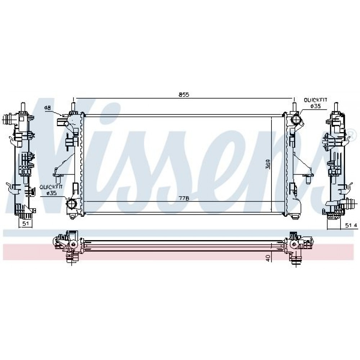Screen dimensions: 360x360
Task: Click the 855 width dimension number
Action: coord(184,95)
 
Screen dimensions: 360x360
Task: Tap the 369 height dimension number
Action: coord(268,164)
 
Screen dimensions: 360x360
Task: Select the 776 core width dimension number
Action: coord(184,198)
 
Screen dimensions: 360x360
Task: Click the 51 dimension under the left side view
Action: coord(26,224)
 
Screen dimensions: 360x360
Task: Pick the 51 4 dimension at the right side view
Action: coord(351,225)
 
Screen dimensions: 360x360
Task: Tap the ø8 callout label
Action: coord(48,107)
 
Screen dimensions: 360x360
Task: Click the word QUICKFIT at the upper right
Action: coord(315,100)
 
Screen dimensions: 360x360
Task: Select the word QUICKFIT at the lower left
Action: coord(51,187)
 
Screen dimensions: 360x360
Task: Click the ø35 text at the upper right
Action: coord(315,106)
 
